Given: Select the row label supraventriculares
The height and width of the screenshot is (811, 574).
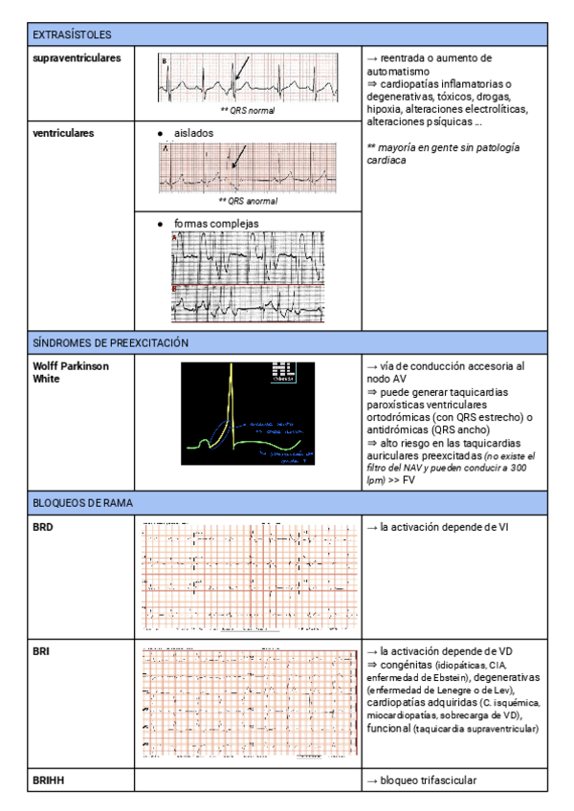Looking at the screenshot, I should pos(77,59).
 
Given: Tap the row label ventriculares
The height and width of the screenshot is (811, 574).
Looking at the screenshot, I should pos(63,133).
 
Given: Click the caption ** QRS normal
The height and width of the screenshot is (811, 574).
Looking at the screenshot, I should pos(247,111).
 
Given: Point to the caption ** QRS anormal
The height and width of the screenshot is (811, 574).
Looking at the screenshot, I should pos(248,201).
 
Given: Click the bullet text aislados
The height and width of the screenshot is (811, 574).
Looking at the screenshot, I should pos(193,133).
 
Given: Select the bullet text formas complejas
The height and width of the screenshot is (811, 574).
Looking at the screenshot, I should pos(216,224).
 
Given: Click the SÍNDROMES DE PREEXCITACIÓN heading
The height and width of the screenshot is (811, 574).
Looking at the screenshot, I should pos(110,342).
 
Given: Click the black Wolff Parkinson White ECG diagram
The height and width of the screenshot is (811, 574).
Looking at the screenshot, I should pos(248,413).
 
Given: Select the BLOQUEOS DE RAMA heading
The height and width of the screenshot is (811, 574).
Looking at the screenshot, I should pos(82,502).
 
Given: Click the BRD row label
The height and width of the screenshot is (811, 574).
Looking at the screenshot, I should pos(44,527).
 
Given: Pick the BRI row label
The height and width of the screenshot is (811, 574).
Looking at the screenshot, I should pos(42,651).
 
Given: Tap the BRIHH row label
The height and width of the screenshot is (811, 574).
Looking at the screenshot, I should pos(49,780).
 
